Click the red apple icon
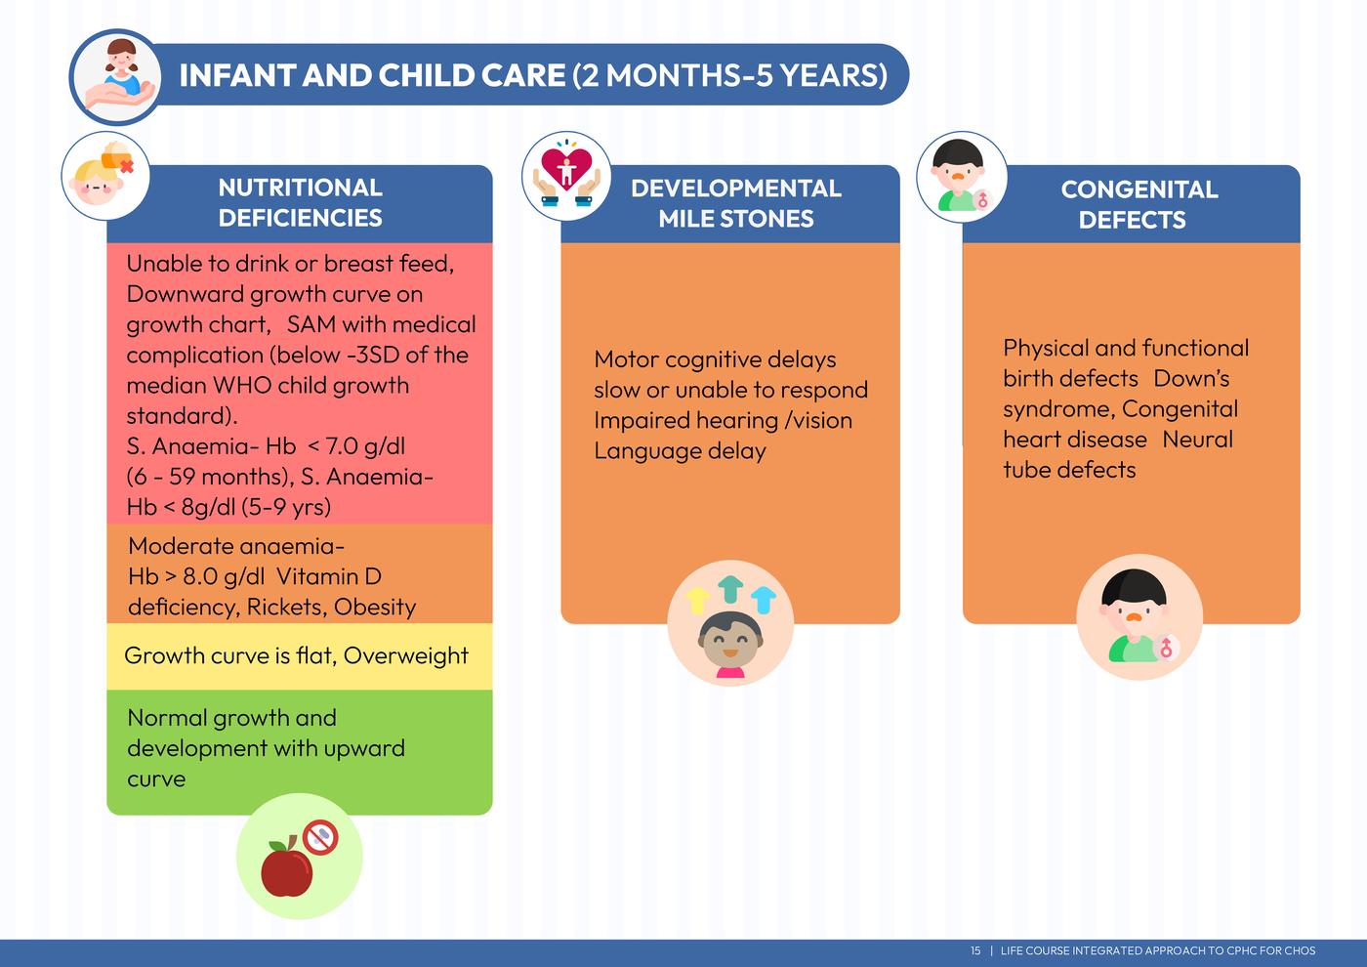pos(286,868)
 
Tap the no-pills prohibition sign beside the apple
pos(321,837)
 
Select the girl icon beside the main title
pos(119,76)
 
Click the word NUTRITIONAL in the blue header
pos(301,188)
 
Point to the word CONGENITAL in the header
pos(1139,189)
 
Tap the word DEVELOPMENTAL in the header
pos(736,188)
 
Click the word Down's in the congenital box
pos(1191,379)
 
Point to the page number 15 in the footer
pos(975,950)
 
